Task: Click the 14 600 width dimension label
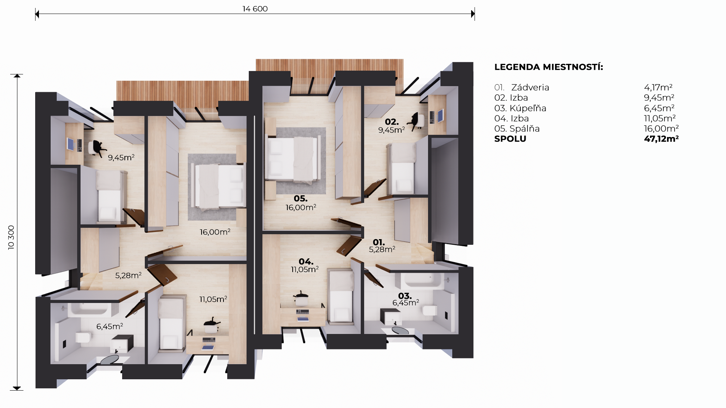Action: pos(255,9)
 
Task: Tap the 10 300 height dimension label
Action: pos(11,237)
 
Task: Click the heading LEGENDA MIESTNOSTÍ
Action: pos(549,67)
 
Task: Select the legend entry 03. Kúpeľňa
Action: pos(520,108)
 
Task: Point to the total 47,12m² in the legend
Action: pos(661,139)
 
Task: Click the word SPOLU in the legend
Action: pos(510,139)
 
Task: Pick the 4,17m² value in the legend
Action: pos(658,88)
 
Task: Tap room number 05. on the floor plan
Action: pos(301,199)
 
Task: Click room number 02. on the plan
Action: pos(392,122)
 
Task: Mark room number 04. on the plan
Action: pos(306,261)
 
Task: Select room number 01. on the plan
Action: pos(379,242)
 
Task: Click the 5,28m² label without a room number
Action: pos(129,275)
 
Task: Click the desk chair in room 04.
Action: pos(301,299)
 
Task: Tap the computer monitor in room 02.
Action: pos(441,116)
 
